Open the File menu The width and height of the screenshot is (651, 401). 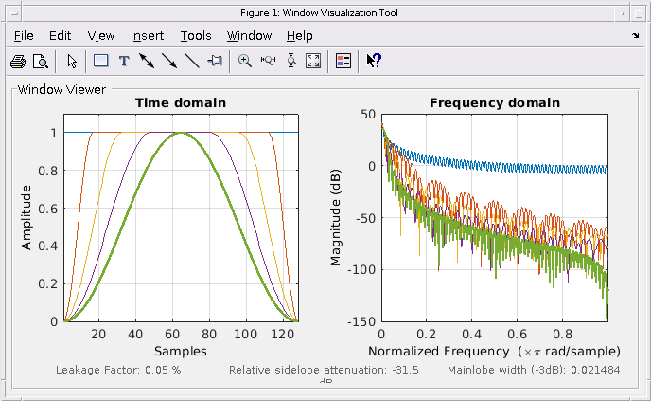pyautogui.click(x=24, y=36)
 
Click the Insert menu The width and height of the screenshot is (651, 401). pyautogui.click(x=147, y=36)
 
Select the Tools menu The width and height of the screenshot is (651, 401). pyautogui.click(x=196, y=36)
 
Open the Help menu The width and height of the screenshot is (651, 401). pyautogui.click(x=299, y=36)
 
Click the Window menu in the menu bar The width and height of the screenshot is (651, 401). pyautogui.click(x=249, y=36)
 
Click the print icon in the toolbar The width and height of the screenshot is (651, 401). pyautogui.click(x=17, y=61)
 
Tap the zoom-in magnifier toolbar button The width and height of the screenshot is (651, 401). pyautogui.click(x=245, y=61)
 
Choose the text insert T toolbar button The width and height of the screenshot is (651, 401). pyautogui.click(x=123, y=61)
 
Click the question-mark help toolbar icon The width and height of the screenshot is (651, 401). pyautogui.click(x=374, y=61)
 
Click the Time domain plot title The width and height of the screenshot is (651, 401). pyautogui.click(x=180, y=103)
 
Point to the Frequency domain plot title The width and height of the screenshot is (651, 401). pyautogui.click(x=494, y=103)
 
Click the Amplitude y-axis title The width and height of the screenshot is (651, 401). pyautogui.click(x=26, y=218)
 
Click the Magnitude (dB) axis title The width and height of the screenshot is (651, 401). pyautogui.click(x=336, y=218)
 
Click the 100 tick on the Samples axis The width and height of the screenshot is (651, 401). pyautogui.click(x=246, y=335)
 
